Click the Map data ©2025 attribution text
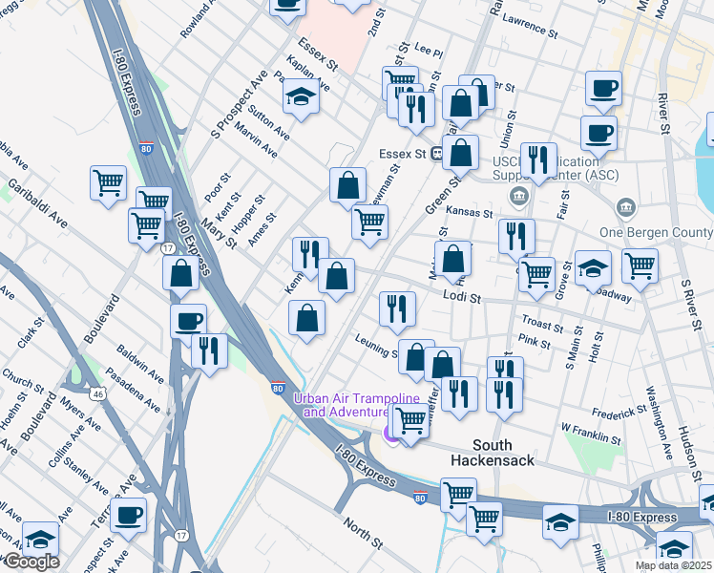tap(674, 565)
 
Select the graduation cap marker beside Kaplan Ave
tap(301, 97)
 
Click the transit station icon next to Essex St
tap(436, 153)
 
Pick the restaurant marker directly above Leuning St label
tap(397, 308)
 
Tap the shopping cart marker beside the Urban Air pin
tap(410, 420)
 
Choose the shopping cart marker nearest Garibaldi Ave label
tap(109, 181)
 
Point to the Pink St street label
tap(534, 341)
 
